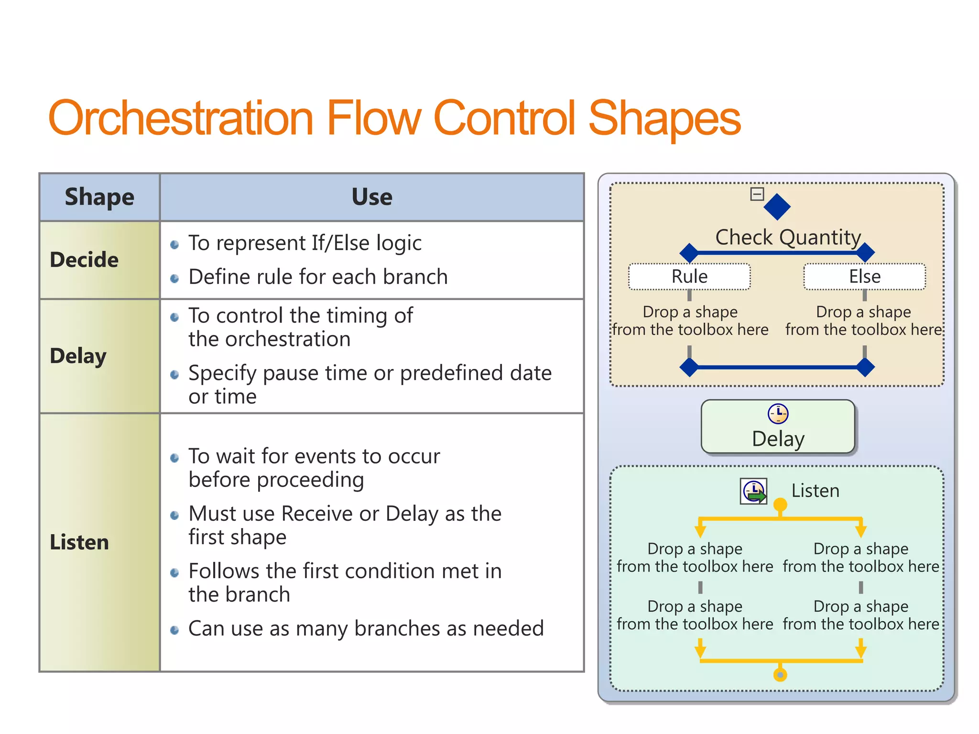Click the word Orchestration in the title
pyautogui.click(x=181, y=118)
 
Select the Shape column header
pyautogui.click(x=99, y=197)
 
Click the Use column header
pyautogui.click(x=371, y=197)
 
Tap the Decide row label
pyautogui.click(x=84, y=260)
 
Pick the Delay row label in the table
pyautogui.click(x=78, y=356)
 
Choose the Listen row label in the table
pyautogui.click(x=79, y=542)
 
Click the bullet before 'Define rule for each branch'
pyautogui.click(x=174, y=279)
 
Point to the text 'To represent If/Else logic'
pyautogui.click(x=305, y=243)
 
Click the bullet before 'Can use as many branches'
pyautogui.click(x=174, y=630)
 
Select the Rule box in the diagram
pyautogui.click(x=689, y=277)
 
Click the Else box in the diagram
pyautogui.click(x=864, y=277)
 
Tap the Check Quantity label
pyautogui.click(x=788, y=237)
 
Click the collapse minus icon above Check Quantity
pyautogui.click(x=757, y=194)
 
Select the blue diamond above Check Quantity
pyautogui.click(x=777, y=206)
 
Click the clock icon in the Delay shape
pyautogui.click(x=778, y=414)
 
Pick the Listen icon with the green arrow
pyautogui.click(x=754, y=491)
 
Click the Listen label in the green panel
pyautogui.click(x=815, y=491)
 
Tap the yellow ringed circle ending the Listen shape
pyautogui.click(x=780, y=675)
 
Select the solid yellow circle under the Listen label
pyautogui.click(x=780, y=505)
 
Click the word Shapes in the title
pyautogui.click(x=664, y=118)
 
